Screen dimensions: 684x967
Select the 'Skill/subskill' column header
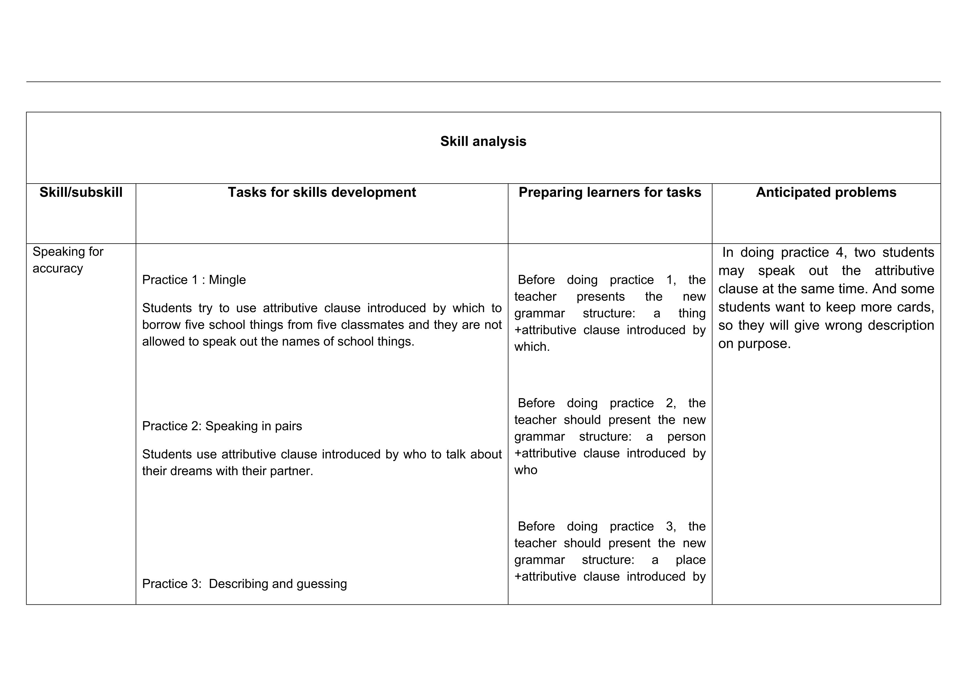pyautogui.click(x=81, y=192)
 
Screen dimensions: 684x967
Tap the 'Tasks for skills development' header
pyautogui.click(x=322, y=192)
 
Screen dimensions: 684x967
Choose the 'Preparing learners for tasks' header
pyautogui.click(x=609, y=192)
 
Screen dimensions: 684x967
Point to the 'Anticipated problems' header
pyautogui.click(x=826, y=192)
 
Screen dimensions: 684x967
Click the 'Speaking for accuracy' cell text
pyautogui.click(x=67, y=260)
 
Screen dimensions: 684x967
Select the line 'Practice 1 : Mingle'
pyautogui.click(x=194, y=280)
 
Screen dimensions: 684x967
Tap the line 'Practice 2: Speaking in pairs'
pyautogui.click(x=222, y=426)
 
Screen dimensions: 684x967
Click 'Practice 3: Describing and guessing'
pyautogui.click(x=244, y=584)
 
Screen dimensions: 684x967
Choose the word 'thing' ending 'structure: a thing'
pyautogui.click(x=692, y=313)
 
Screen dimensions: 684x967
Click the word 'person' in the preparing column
pyautogui.click(x=686, y=437)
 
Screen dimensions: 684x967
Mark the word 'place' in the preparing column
pyautogui.click(x=690, y=560)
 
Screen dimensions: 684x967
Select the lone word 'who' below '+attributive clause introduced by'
pyautogui.click(x=526, y=470)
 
